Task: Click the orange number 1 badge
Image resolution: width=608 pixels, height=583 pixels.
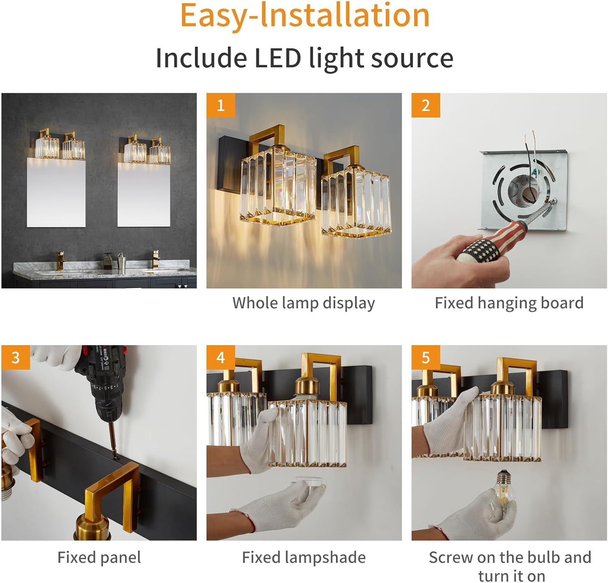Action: (x=221, y=105)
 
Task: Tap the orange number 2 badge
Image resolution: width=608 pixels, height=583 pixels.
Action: (x=426, y=105)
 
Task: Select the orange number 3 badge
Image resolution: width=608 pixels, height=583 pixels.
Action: (x=15, y=357)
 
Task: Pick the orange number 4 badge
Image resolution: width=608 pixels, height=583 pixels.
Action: (x=221, y=357)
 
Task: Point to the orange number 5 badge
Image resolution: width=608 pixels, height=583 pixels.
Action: (x=426, y=357)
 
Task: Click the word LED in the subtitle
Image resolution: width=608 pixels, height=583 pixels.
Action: (x=277, y=58)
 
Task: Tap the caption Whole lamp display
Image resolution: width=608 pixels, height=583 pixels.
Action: (x=304, y=303)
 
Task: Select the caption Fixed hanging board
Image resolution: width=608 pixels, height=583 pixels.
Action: (x=509, y=303)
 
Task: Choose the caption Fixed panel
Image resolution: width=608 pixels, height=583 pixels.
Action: (x=99, y=557)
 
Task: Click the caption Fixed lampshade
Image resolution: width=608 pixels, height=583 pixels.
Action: (x=304, y=557)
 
